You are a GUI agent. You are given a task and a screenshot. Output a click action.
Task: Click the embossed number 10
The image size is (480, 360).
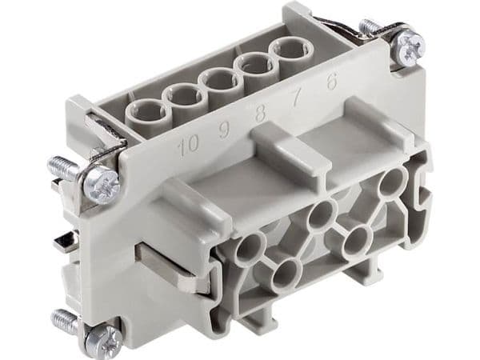tap(189, 146)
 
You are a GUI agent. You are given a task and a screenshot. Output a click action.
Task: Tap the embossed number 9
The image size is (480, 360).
tap(224, 130)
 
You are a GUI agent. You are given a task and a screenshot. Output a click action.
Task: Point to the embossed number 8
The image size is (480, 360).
tap(260, 114)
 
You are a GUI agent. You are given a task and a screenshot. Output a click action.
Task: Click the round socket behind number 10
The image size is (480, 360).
tap(143, 112)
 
